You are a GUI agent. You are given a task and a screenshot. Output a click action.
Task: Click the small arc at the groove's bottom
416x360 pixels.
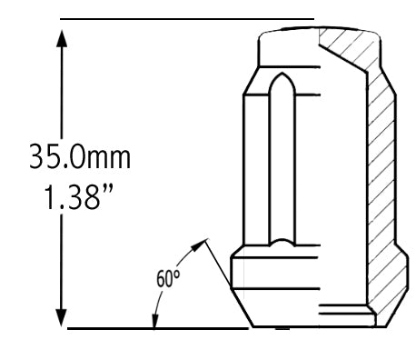click(282, 244)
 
